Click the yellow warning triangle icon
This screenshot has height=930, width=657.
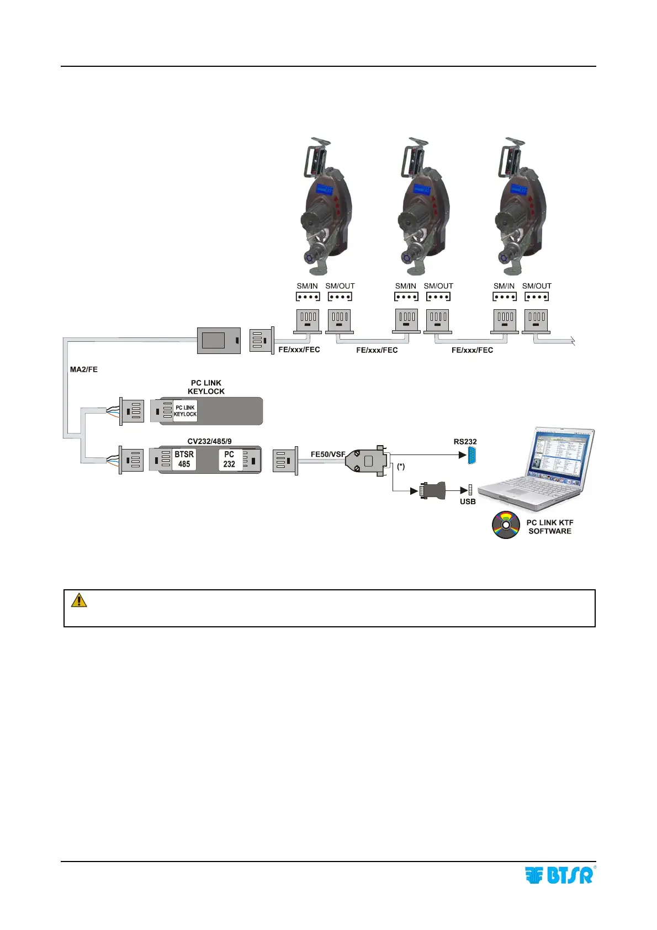pos(79,600)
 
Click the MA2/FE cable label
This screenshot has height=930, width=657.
pos(84,369)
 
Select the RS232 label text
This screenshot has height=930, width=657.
pos(465,442)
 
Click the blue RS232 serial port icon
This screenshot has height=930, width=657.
pos(472,456)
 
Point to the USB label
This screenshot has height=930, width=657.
pos(468,501)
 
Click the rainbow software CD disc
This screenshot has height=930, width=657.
pos(506,525)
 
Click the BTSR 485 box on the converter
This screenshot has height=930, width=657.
pos(184,459)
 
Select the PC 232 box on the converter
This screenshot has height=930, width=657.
pos(229,459)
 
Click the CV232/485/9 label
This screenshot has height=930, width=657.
pos(209,441)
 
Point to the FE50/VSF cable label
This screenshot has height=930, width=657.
pos(328,455)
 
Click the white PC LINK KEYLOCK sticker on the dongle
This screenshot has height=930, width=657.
pos(185,411)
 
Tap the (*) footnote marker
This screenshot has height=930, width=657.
pos(401,467)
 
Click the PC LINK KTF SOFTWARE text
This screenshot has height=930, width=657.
pos(549,527)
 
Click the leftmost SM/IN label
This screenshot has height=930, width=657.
pos(307,286)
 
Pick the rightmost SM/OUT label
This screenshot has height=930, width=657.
pos(537,286)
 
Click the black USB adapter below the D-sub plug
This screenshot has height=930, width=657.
pos(432,490)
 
